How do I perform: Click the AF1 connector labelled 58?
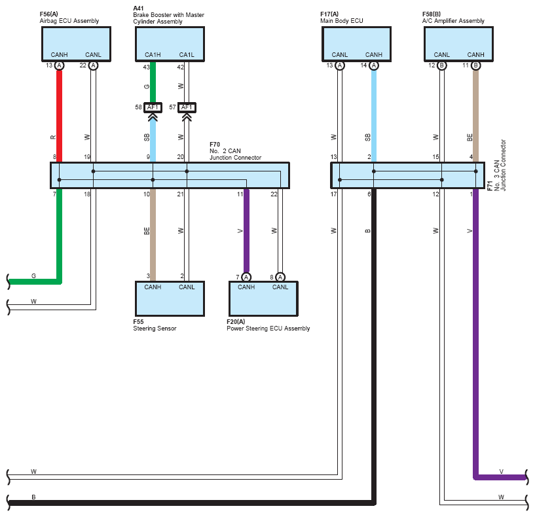point(153,107)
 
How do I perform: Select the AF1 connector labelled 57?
point(187,107)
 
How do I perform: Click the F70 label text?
point(215,144)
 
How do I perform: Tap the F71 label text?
point(490,186)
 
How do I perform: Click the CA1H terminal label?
point(153,54)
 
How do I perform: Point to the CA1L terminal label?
point(187,54)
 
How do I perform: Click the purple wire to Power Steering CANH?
point(246,230)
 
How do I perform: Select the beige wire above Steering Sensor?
point(153,235)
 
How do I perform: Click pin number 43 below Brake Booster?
point(147,67)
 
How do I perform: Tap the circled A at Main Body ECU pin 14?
point(374,65)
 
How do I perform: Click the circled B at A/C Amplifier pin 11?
point(475,65)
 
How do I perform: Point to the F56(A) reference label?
point(49,14)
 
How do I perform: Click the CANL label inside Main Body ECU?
point(339,54)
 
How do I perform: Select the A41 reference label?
point(138,9)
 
